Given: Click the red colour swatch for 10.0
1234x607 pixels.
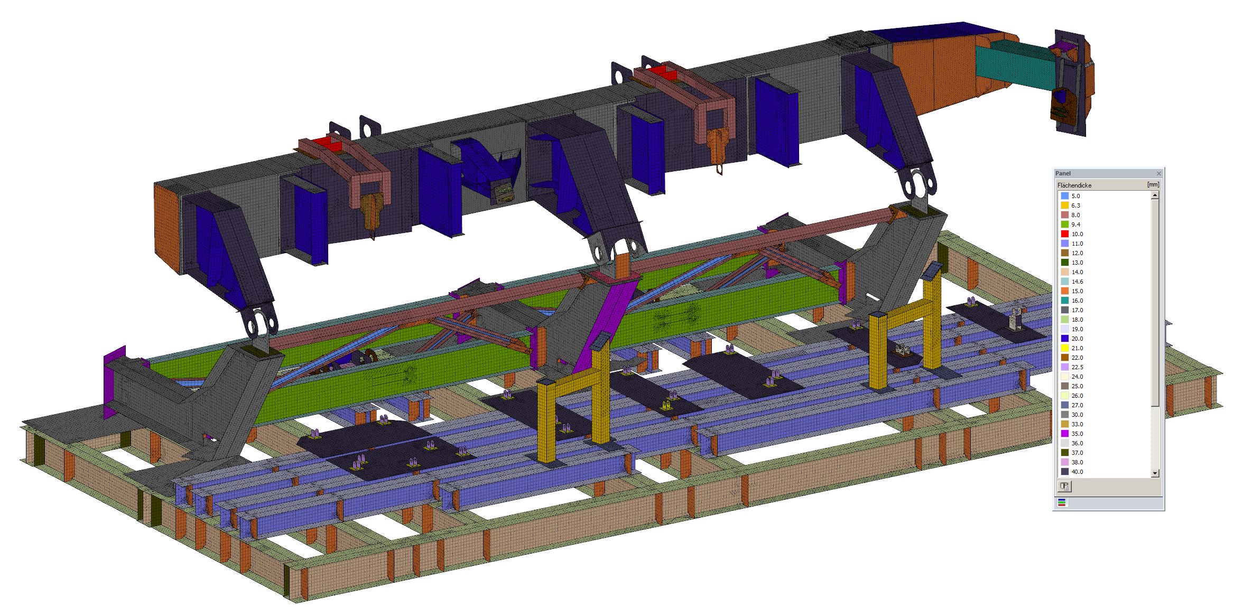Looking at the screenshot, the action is [1064, 234].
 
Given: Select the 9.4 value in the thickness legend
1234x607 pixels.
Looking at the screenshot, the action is [1076, 225].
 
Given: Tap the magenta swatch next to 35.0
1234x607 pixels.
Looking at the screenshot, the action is [1064, 434].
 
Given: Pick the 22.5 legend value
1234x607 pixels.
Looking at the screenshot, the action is [1077, 367].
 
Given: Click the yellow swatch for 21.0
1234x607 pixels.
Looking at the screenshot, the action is [1064, 348].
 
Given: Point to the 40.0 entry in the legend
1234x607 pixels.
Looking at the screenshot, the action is [1077, 472].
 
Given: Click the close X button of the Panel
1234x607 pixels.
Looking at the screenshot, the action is [1159, 173].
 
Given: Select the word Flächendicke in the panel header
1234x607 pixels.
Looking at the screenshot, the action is [1074, 185].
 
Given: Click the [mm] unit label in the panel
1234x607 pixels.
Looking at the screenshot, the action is [1153, 185].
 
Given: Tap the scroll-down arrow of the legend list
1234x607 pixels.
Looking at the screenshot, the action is [1155, 473].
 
